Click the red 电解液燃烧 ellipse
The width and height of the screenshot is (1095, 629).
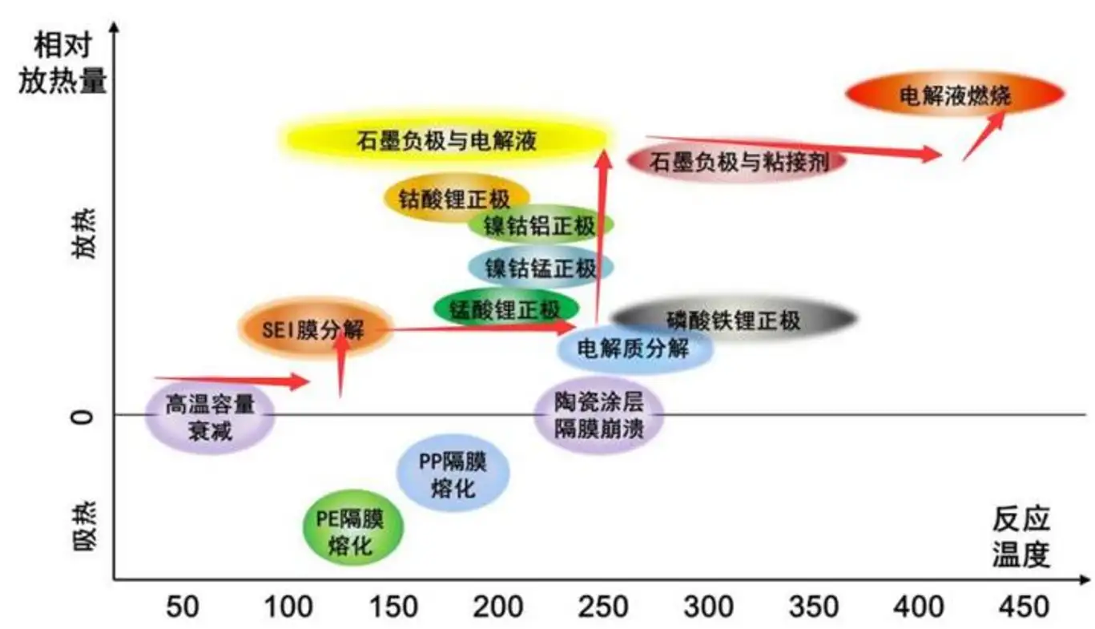pos(955,95)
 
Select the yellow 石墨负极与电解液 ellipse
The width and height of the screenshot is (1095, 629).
pos(446,139)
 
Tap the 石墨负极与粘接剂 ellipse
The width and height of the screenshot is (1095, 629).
pos(736,161)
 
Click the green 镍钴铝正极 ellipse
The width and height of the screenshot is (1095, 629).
pos(541,225)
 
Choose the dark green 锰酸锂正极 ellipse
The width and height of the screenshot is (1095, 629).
pos(505,308)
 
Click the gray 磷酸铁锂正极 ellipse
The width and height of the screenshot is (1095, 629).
pos(733,320)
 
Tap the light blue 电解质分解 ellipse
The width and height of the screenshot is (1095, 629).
pos(634,348)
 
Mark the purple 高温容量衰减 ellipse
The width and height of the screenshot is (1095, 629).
pos(210,416)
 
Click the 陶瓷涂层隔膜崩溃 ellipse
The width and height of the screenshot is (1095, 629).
pos(598,414)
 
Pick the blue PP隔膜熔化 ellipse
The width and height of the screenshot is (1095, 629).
pos(453,473)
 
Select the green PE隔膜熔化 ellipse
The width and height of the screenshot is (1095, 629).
pos(352,528)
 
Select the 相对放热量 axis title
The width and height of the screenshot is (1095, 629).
pos(62,63)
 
